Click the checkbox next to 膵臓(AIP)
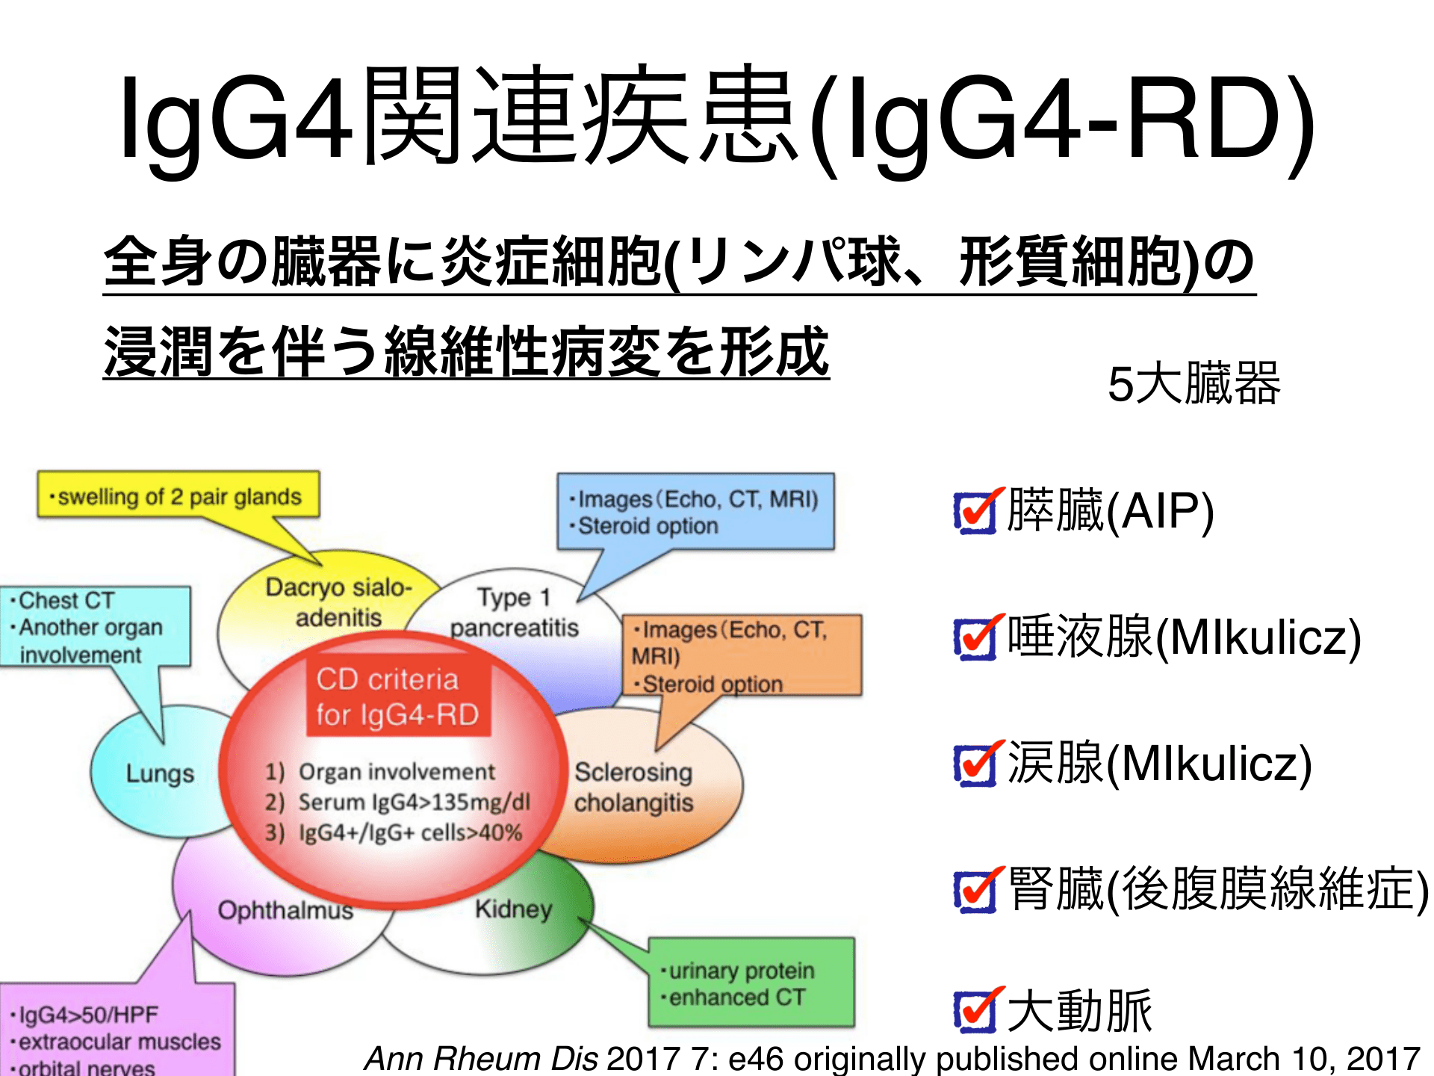coord(975,513)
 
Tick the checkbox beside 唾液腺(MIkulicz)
coord(975,640)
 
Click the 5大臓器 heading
coord(1194,384)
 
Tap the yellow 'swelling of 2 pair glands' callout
coord(179,496)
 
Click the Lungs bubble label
coord(160,773)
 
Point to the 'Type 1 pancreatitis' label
coord(514,613)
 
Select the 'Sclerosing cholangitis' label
coord(633,787)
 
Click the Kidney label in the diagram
coord(514,909)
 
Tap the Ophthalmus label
coord(285,910)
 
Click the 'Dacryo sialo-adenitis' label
coord(338,602)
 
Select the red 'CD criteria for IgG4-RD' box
coord(397,696)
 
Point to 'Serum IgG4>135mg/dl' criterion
coord(414,803)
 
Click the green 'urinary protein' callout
coord(741,971)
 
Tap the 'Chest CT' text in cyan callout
coord(66,601)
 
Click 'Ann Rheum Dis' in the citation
coord(481,1058)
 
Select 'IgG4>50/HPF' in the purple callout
coord(88,1015)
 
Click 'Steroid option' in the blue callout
coord(648,526)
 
